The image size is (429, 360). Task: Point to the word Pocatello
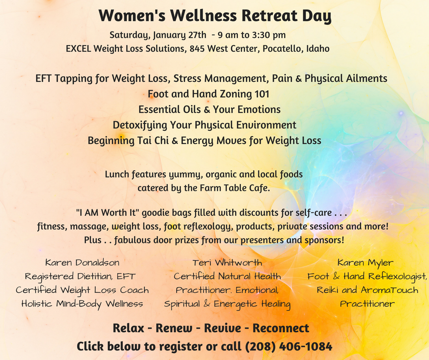pyautogui.click(x=283, y=48)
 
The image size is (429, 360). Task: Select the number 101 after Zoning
pyautogui.click(x=262, y=94)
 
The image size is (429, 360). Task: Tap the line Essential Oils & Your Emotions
pyautogui.click(x=209, y=110)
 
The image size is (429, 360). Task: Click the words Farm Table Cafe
pyautogui.click(x=235, y=188)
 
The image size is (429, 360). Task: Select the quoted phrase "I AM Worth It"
pyautogui.click(x=108, y=212)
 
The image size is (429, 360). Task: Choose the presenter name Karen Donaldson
pyautogui.click(x=82, y=263)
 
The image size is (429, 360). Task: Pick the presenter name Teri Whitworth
pyautogui.click(x=227, y=263)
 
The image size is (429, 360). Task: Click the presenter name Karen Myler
pyautogui.click(x=366, y=263)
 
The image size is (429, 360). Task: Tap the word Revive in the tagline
pyautogui.click(x=223, y=328)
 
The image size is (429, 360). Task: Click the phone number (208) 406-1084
pyautogui.click(x=288, y=347)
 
